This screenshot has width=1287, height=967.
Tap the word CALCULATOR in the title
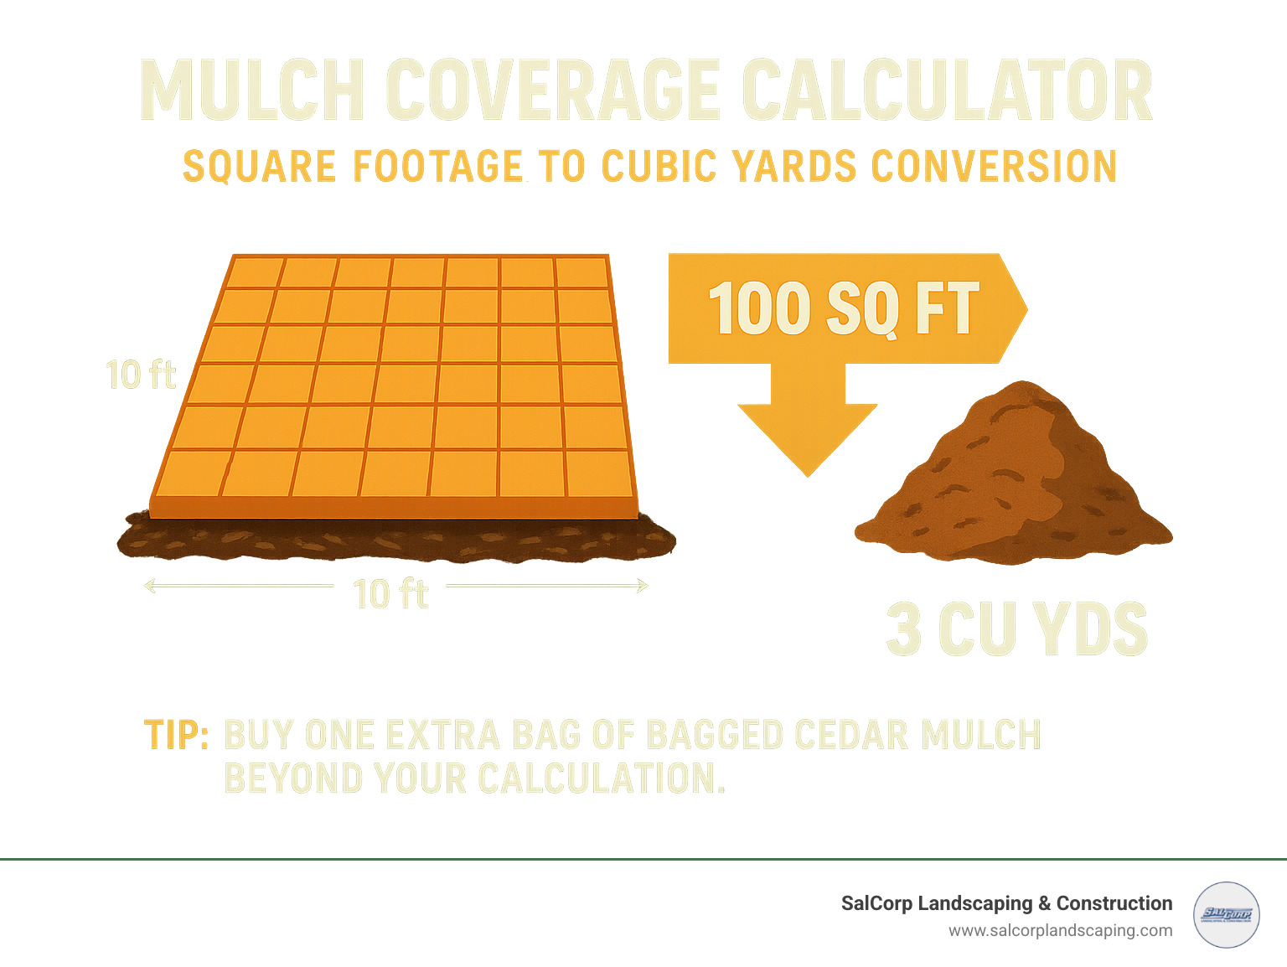pos(947,91)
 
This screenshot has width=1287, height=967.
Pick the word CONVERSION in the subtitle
pos(994,166)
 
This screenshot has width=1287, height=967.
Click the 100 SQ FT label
pos(843,308)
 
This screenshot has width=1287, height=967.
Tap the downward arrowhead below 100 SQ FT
pos(807,436)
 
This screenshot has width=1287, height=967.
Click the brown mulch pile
pos(1014,478)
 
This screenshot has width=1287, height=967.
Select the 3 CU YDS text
pos(1016,628)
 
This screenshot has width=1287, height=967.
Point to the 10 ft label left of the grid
pos(141,375)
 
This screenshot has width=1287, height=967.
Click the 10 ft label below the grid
pos(390,594)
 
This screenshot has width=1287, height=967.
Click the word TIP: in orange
pos(176,735)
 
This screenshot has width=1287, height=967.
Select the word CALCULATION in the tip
pos(600,778)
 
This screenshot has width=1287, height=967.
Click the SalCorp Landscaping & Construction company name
pos(1006,903)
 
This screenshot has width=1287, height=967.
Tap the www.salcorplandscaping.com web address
pos(1060,931)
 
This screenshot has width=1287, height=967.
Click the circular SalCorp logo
pos(1226,914)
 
